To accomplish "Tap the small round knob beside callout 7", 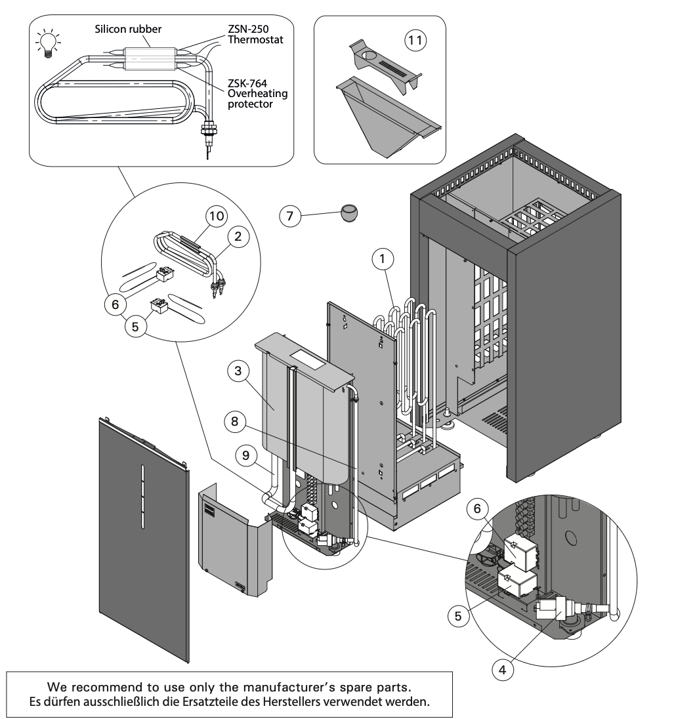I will tap(350, 212).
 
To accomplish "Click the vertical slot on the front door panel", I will tap(141, 495).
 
